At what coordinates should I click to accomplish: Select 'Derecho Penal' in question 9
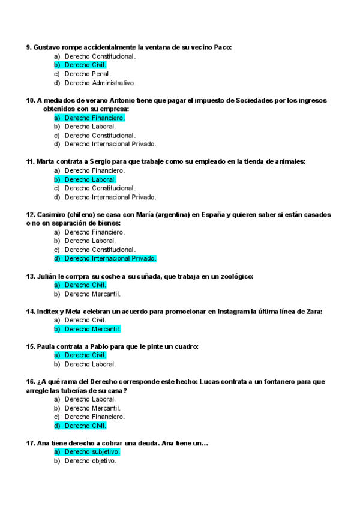[x=88, y=74]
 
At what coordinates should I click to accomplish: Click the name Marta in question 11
[x=46, y=161]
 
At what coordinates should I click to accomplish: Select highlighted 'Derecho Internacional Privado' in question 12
[x=110, y=258]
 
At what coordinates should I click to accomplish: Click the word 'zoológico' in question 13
[x=233, y=276]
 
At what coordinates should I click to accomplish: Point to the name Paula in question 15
[x=47, y=346]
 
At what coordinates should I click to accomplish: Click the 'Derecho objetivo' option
[x=90, y=460]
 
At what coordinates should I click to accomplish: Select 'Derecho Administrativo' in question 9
[x=100, y=83]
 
